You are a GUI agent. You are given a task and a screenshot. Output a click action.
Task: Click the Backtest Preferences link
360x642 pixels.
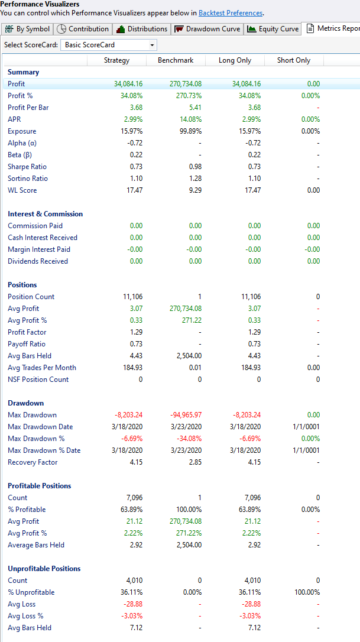point(231,13)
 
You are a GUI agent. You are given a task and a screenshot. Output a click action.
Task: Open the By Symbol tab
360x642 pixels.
point(28,29)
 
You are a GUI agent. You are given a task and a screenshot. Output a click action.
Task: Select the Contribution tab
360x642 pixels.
point(83,29)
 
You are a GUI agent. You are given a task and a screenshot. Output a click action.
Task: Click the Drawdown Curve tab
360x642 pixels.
point(207,29)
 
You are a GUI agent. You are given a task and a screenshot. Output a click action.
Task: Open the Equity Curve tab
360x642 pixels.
point(273,29)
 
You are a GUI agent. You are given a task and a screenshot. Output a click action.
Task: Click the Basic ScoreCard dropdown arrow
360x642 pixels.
point(152,45)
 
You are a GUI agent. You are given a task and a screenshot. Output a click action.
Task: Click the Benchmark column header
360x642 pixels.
point(176,60)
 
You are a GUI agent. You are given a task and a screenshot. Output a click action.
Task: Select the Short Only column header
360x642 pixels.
point(294,60)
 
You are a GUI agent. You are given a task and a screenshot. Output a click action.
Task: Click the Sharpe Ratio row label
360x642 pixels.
point(28,167)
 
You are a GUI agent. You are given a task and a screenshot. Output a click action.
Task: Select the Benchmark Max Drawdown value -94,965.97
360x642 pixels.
point(185,415)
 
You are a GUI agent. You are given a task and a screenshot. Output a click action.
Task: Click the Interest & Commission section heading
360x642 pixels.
point(46,214)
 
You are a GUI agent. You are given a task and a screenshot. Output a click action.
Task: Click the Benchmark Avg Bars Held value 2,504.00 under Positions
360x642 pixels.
point(189,356)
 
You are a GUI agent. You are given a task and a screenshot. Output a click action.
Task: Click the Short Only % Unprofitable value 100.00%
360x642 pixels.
point(306,592)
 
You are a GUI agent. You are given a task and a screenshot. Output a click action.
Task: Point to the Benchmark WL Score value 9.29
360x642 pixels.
point(194,190)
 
